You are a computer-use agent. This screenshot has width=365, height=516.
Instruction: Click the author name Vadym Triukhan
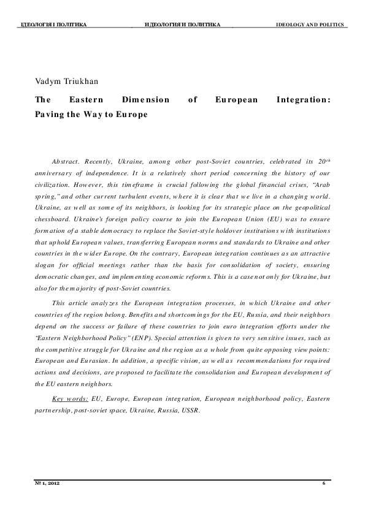(64, 81)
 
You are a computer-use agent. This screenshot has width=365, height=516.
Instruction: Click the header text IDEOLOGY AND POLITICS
(310, 25)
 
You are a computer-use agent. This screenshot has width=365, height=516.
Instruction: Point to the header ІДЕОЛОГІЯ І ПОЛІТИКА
(54, 25)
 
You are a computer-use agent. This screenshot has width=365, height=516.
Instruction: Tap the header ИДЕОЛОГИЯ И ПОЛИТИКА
(183, 25)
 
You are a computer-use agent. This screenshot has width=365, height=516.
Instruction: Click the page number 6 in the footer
(323, 484)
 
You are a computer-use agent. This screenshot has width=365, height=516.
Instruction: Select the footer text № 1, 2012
(47, 484)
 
